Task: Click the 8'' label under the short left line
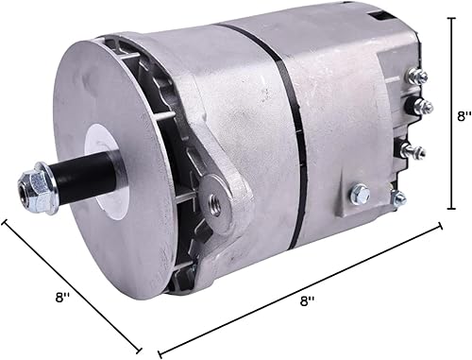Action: (63, 298)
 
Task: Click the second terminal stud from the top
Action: (422, 106)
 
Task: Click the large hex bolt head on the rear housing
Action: (359, 195)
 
